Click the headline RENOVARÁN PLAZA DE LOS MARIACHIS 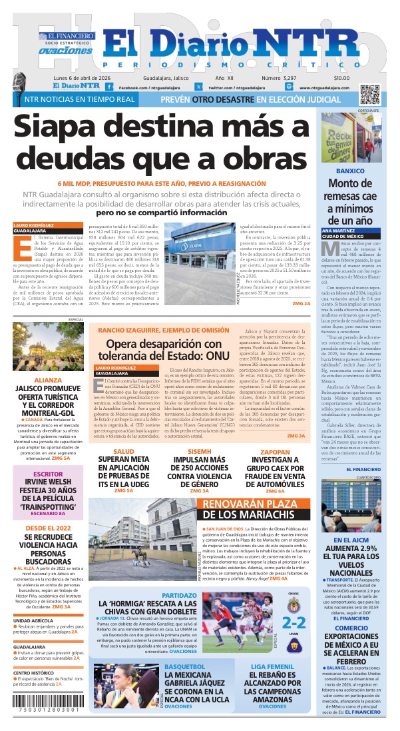[x=239, y=508]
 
